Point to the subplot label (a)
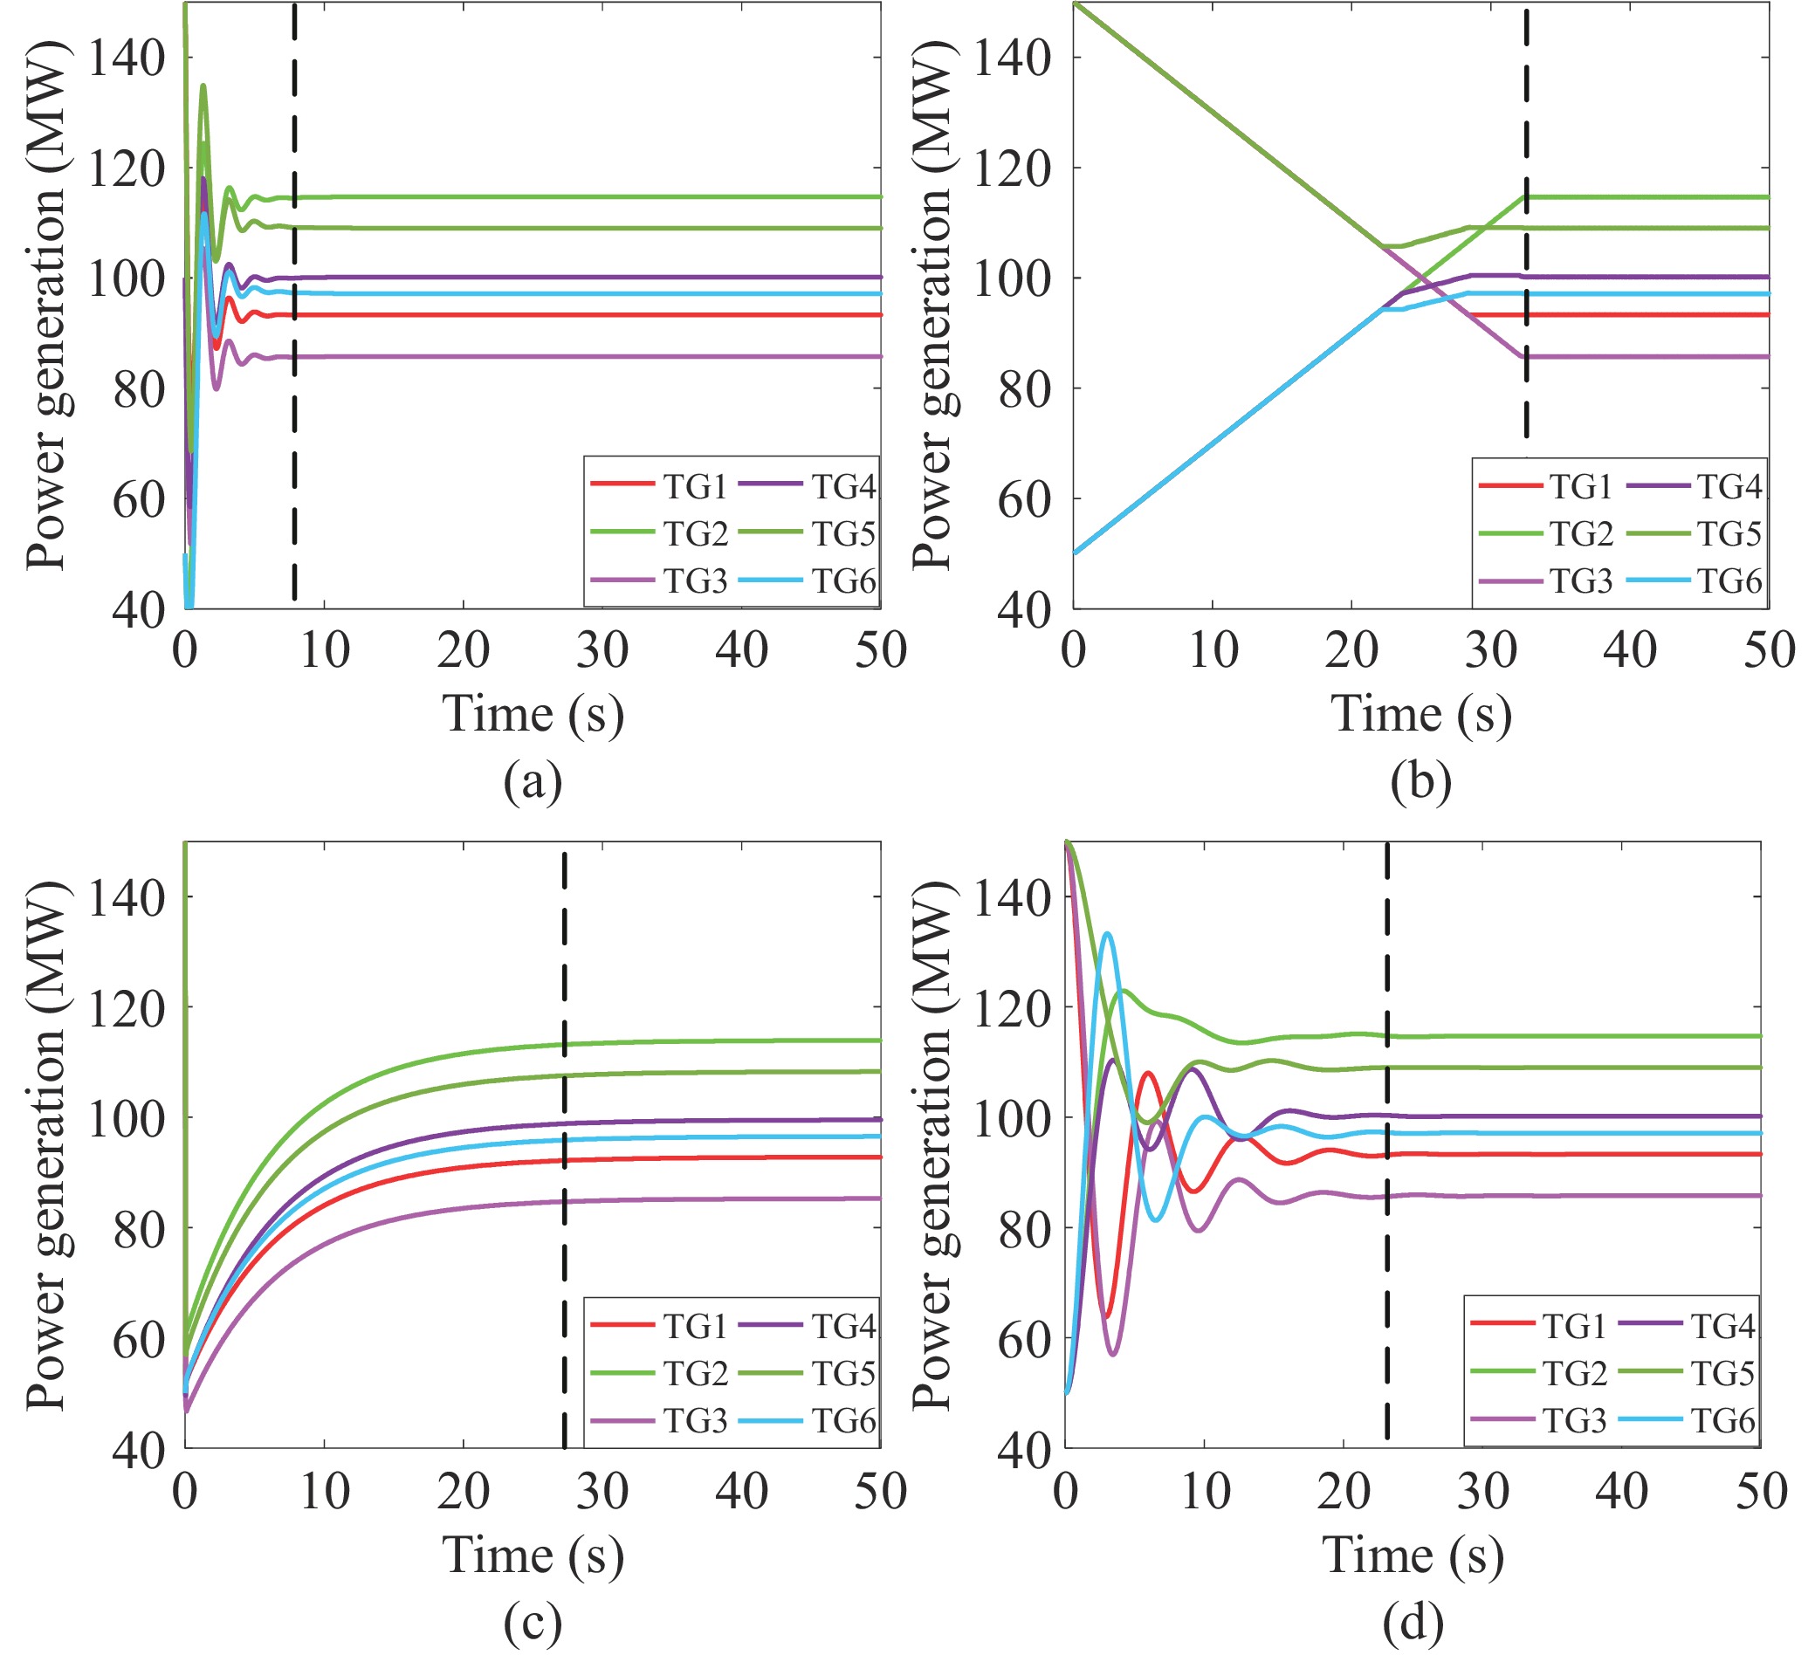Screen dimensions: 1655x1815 533,780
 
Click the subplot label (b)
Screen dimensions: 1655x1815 1420,780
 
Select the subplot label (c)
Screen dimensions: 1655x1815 533,1623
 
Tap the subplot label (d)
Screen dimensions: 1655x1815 1413,1623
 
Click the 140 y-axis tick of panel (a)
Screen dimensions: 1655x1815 126,58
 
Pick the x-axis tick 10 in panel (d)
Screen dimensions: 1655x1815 1205,1492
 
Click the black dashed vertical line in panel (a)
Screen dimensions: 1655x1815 294,360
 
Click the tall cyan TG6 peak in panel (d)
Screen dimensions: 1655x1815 1107,935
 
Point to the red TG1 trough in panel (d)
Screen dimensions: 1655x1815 1107,1315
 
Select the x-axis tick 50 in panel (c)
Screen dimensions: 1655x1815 881,1492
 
